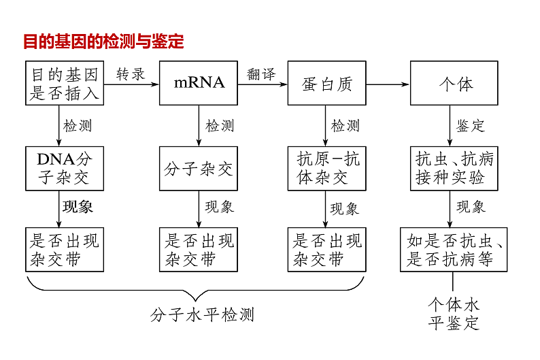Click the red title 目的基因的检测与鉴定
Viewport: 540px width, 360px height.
pyautogui.click(x=103, y=42)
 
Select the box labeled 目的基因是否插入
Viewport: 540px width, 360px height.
pyautogui.click(x=65, y=83)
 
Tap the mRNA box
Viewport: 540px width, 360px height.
pyautogui.click(x=199, y=83)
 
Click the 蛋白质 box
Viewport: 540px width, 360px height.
pyautogui.click(x=326, y=83)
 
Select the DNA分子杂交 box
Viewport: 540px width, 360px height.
pyautogui.click(x=65, y=168)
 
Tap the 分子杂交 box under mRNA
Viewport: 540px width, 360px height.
pyautogui.click(x=199, y=168)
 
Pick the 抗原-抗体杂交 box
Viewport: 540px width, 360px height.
pyautogui.click(x=326, y=168)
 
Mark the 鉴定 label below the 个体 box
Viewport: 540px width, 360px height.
pyautogui.click(x=470, y=126)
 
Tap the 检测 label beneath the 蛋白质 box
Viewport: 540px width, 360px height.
pyautogui.click(x=345, y=126)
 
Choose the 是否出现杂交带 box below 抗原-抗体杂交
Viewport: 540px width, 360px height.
pyautogui.click(x=326, y=250)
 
